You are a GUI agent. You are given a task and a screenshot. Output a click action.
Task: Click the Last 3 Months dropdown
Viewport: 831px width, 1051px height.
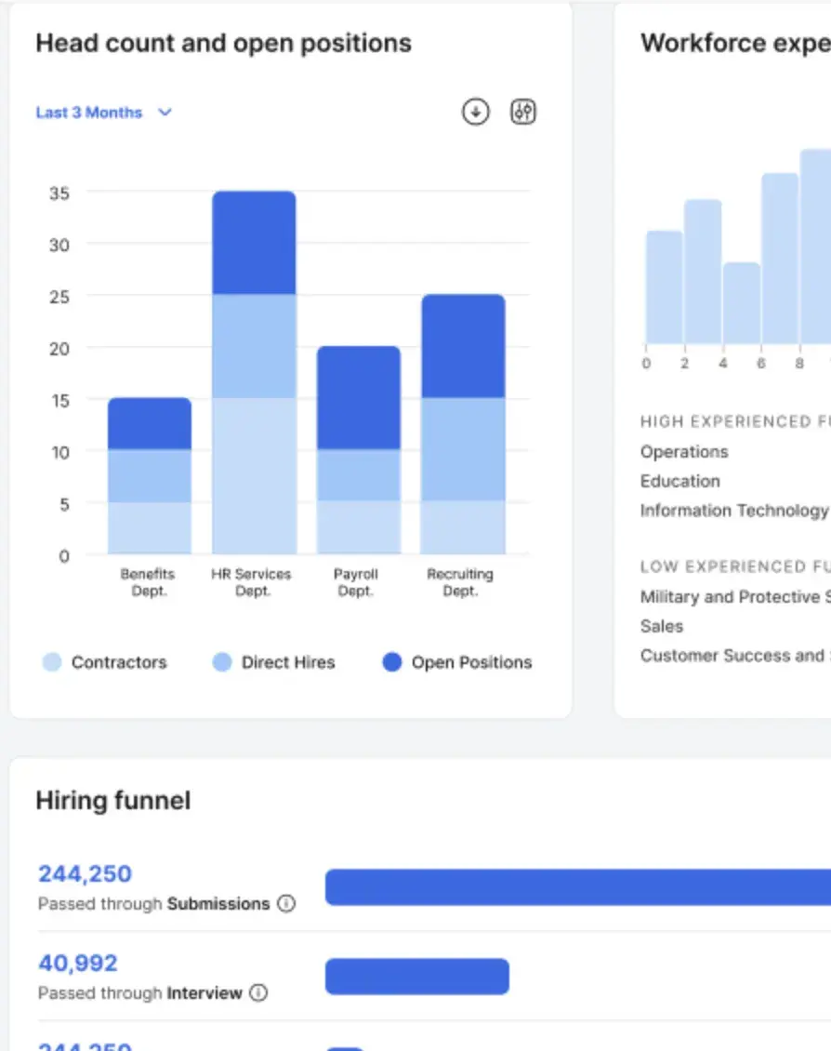coord(103,113)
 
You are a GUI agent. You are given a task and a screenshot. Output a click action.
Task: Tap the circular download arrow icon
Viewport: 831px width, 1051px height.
coord(475,113)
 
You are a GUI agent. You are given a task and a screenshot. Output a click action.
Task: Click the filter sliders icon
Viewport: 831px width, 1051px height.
coord(523,113)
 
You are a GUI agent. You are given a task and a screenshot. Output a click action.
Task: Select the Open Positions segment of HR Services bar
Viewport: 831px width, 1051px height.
coord(254,243)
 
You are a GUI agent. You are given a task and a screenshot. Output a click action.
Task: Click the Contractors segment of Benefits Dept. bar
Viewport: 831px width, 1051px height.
coord(150,528)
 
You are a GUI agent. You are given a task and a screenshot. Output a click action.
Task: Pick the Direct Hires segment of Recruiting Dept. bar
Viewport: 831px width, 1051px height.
coord(462,449)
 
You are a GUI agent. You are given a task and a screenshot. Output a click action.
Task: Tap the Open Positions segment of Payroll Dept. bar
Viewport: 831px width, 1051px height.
coord(358,398)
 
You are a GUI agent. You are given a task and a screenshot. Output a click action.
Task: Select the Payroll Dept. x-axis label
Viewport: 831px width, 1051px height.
coord(355,582)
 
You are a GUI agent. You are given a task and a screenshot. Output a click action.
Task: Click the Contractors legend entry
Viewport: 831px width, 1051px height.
coord(104,663)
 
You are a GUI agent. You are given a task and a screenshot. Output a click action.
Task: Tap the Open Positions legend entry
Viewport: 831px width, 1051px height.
coord(457,663)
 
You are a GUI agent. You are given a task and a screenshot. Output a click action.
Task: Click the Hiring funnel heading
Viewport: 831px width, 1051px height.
coord(112,801)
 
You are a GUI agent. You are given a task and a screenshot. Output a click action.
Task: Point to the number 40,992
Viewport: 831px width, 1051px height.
coord(78,964)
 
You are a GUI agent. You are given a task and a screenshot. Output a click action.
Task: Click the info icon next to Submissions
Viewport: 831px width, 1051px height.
coord(286,903)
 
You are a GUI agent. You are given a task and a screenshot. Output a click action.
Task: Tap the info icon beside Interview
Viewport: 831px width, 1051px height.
coord(258,992)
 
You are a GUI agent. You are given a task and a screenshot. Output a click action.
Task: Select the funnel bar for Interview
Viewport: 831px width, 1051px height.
coord(416,977)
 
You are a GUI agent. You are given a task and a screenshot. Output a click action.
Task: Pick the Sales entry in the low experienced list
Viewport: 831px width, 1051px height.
coord(661,626)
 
